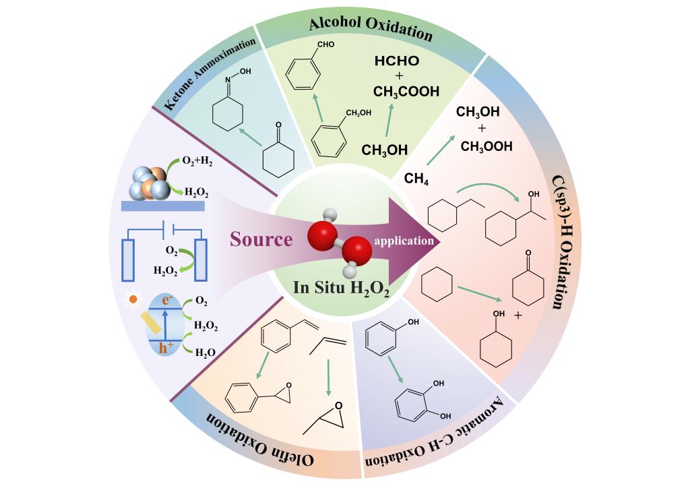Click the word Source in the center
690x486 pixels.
261,239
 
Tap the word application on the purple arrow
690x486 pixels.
404,240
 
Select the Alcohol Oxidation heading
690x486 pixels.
370,28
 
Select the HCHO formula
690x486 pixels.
397,61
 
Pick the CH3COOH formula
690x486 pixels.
407,91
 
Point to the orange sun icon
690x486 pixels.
133,298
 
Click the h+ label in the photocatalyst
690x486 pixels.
166,348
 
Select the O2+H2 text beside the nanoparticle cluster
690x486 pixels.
195,161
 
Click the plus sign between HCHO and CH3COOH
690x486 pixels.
397,76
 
